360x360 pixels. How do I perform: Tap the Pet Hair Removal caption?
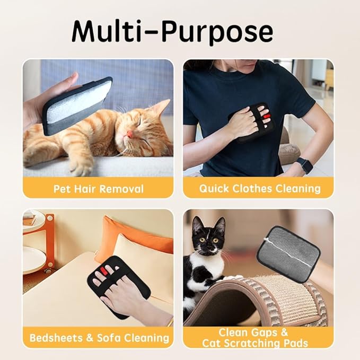pos(98,188)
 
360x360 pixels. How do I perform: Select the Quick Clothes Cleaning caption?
pos(259,188)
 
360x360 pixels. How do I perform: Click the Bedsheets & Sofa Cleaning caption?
pos(99,338)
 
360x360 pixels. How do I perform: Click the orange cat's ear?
pos(160,109)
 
